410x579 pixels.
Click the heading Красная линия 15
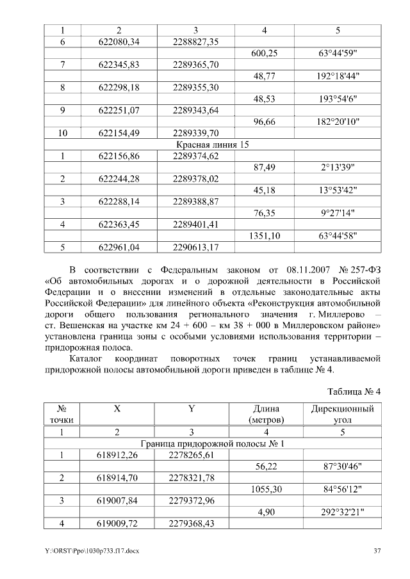tap(213, 145)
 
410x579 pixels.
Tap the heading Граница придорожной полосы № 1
tap(213, 443)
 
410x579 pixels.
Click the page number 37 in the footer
tap(377, 551)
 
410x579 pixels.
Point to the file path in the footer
tap(86, 551)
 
